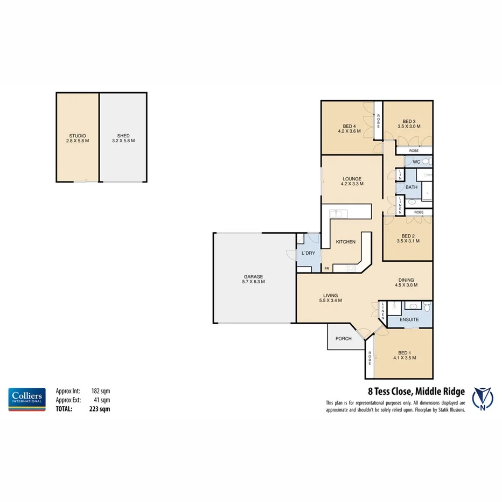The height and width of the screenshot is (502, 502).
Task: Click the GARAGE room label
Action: pyautogui.click(x=253, y=276)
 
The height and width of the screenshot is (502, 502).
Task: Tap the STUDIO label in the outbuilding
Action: pyautogui.click(x=78, y=136)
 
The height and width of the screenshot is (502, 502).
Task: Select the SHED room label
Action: pyautogui.click(x=123, y=136)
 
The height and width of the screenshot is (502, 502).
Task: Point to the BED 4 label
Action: pyautogui.click(x=349, y=127)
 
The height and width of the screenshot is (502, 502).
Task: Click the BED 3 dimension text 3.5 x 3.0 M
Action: pyautogui.click(x=409, y=127)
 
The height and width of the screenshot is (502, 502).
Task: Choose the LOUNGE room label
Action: pyautogui.click(x=352, y=179)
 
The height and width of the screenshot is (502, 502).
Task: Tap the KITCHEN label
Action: pyautogui.click(x=345, y=242)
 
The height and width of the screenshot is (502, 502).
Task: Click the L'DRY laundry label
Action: pyautogui.click(x=308, y=253)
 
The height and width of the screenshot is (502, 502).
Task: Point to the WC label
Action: pyautogui.click(x=416, y=162)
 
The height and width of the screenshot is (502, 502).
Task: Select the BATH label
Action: pyautogui.click(x=412, y=187)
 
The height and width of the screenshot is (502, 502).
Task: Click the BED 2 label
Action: pyautogui.click(x=408, y=236)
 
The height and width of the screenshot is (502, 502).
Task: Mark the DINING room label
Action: pyautogui.click(x=406, y=280)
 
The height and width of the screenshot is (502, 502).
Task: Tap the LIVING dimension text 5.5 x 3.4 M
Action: pyautogui.click(x=330, y=301)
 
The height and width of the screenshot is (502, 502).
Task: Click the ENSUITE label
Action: pyautogui.click(x=409, y=319)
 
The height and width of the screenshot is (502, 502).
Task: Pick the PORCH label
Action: pyautogui.click(x=343, y=339)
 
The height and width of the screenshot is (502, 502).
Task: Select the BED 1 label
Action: pyautogui.click(x=405, y=352)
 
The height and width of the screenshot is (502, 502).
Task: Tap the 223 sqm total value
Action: pyautogui.click(x=100, y=408)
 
